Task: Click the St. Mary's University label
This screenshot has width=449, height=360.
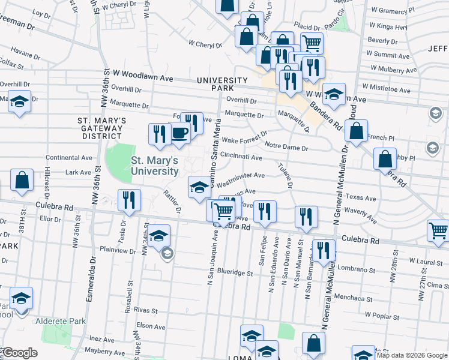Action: coord(155,166)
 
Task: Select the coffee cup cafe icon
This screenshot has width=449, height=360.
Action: coord(179,133)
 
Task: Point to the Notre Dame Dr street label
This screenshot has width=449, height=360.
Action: coord(286,147)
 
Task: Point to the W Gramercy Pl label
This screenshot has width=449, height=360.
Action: coord(393,10)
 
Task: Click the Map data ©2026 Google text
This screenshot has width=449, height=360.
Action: coord(412,355)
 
